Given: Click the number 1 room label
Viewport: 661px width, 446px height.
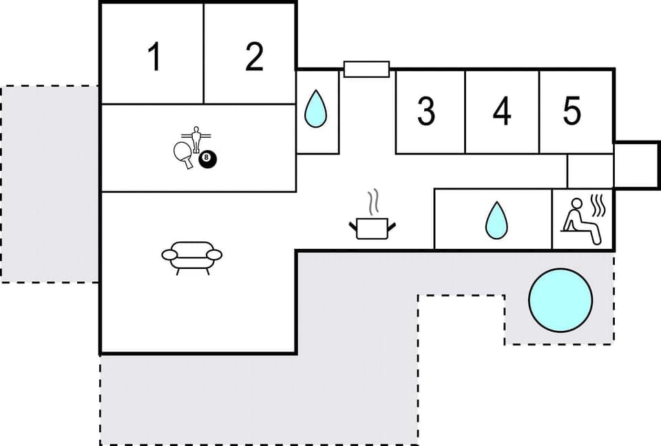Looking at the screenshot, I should click(x=155, y=57).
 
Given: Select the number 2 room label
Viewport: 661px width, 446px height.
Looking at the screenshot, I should click(x=254, y=57).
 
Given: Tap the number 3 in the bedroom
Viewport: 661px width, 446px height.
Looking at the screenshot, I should click(x=426, y=111).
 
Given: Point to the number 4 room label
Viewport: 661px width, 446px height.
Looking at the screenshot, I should click(x=502, y=111).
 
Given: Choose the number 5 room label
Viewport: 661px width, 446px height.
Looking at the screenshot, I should click(x=571, y=111).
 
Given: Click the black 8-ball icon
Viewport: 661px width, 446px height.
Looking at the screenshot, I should click(x=207, y=159).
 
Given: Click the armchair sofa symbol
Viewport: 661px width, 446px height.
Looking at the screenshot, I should click(x=192, y=256).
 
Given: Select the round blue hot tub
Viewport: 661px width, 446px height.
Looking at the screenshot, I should click(x=560, y=301).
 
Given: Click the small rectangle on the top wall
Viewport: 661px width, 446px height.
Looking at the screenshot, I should click(x=366, y=69).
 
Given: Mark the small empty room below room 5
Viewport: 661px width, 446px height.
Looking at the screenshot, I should click(x=589, y=171).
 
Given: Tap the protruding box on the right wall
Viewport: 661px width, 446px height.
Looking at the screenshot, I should click(x=636, y=165).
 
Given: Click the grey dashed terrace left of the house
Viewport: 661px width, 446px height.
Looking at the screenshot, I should click(x=50, y=184).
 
